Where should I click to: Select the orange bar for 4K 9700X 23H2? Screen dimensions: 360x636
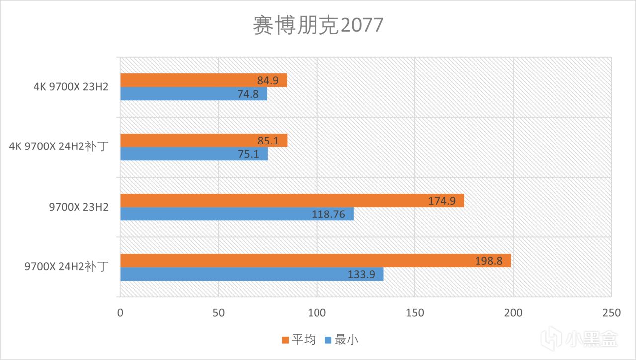(203, 80)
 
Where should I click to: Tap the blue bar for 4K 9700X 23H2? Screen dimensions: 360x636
(193, 94)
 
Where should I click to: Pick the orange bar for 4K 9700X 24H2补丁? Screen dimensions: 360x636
(203, 141)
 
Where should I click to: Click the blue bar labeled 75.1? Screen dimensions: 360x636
(194, 154)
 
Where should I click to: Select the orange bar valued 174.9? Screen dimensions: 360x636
(292, 201)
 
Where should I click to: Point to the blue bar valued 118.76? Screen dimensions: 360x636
(237, 214)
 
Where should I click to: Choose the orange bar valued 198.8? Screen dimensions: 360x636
(315, 261)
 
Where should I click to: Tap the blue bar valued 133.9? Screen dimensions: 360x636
(251, 274)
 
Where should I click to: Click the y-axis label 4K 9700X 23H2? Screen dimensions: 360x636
(71, 87)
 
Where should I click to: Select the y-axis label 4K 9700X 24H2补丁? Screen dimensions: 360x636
(60, 147)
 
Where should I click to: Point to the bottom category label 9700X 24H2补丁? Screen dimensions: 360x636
(67, 267)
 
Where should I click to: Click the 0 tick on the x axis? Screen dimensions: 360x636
(120, 313)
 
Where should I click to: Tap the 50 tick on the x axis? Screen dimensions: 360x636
(218, 313)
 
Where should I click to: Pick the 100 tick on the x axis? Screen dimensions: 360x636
(317, 313)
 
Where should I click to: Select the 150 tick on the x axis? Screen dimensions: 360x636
(415, 313)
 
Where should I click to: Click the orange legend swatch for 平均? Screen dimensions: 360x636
(285, 340)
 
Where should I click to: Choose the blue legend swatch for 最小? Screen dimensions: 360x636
(328, 340)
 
